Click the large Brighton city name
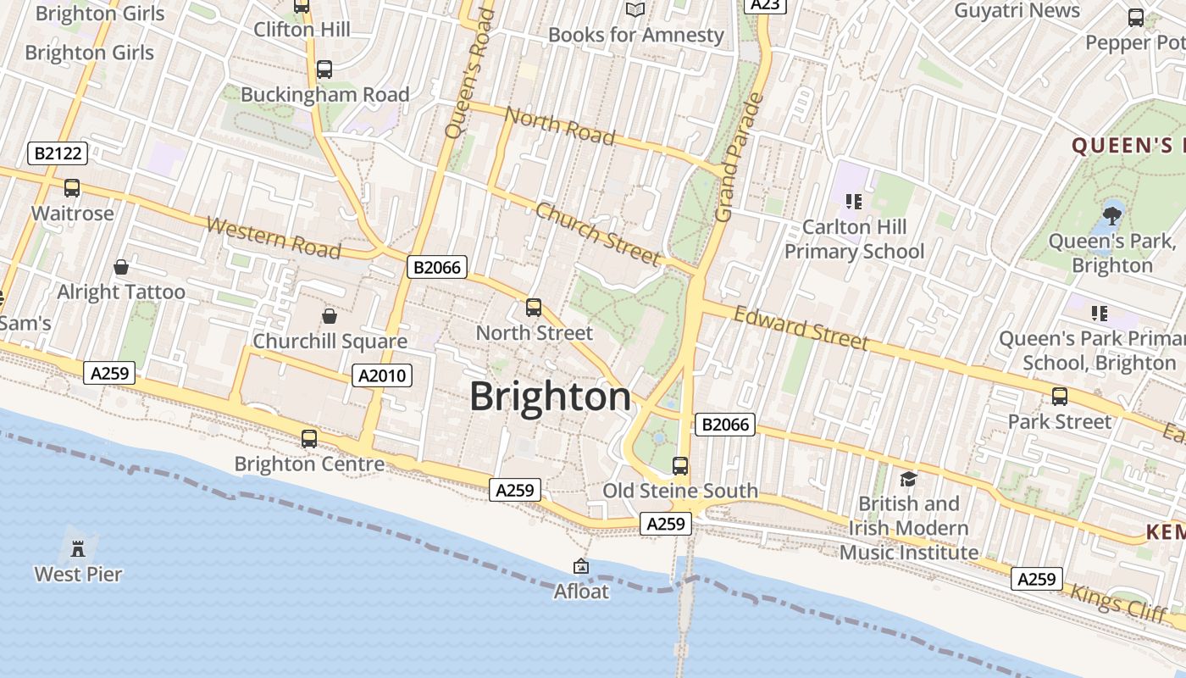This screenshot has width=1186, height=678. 551,397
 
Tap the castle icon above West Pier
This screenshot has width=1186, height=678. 78,547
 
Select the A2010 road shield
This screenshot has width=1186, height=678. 382,375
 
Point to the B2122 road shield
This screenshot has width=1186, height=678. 57,153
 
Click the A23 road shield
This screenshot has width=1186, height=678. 765,4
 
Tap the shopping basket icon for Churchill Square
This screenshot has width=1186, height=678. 330,316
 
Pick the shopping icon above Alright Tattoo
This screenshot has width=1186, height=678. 121,267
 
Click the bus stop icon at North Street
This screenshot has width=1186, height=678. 534,308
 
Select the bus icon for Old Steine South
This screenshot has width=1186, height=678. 680,465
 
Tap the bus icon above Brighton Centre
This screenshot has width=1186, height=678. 309,438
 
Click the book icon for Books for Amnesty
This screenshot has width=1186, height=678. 635,9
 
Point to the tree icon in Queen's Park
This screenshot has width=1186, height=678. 1112,215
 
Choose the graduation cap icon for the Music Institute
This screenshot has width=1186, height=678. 908,479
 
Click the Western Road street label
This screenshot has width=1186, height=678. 274,238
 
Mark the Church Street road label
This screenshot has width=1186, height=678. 597,233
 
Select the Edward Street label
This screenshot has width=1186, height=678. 801,328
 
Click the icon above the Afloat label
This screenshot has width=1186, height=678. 581,566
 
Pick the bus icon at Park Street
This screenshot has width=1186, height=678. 1059,396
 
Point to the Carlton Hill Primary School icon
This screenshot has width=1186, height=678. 854,201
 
